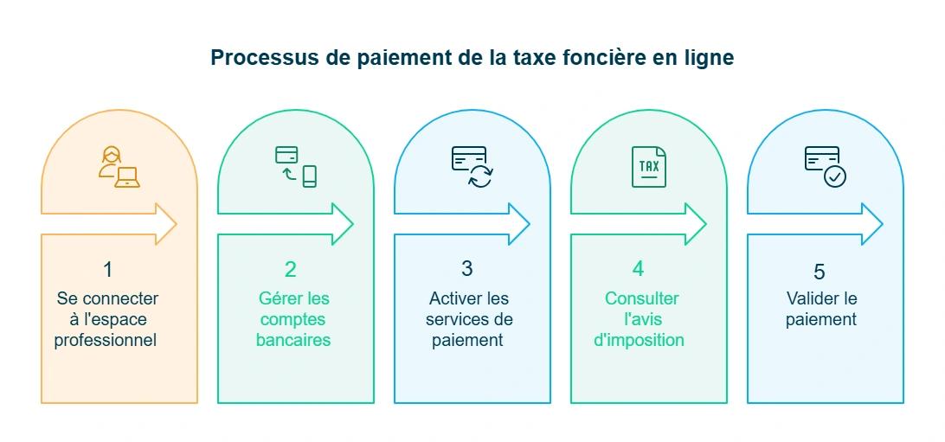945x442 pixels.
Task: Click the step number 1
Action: point(107,270)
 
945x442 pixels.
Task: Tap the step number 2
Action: point(291,270)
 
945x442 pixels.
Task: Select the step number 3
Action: point(467,270)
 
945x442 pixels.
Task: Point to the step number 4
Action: point(638,270)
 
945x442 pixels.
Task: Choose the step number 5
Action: point(820,272)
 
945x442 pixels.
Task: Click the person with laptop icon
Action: point(119,167)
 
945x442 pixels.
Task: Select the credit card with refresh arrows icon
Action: point(472,166)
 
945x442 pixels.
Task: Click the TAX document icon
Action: point(648,166)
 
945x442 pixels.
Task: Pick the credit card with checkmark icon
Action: point(825,166)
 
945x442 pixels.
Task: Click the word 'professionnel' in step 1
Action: point(106,340)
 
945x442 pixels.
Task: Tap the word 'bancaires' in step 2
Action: point(293,340)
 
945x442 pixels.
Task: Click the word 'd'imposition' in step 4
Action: point(639,340)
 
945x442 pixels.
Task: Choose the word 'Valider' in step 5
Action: point(809,298)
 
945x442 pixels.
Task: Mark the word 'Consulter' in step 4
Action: point(642,298)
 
